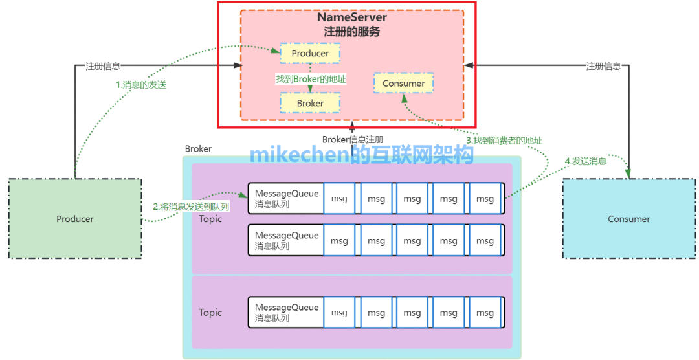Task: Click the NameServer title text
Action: click(x=352, y=17)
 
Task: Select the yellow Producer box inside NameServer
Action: click(x=310, y=53)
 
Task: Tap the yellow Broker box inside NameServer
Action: click(x=310, y=103)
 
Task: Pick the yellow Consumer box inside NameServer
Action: click(x=403, y=83)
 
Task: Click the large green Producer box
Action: click(x=75, y=219)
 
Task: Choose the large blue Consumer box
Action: click(x=628, y=219)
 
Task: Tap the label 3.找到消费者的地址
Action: click(x=504, y=140)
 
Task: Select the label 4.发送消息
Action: click(x=586, y=161)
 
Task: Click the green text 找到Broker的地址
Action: click(x=311, y=79)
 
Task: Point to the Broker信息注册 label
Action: click(x=353, y=139)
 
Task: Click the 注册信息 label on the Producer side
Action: click(x=103, y=65)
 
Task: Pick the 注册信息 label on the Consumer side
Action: click(x=603, y=65)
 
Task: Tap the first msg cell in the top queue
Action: click(x=339, y=199)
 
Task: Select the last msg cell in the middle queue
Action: click(x=485, y=241)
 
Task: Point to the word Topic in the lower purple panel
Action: click(x=210, y=313)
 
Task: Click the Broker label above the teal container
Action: click(x=198, y=149)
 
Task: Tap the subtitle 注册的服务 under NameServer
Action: click(x=352, y=31)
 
